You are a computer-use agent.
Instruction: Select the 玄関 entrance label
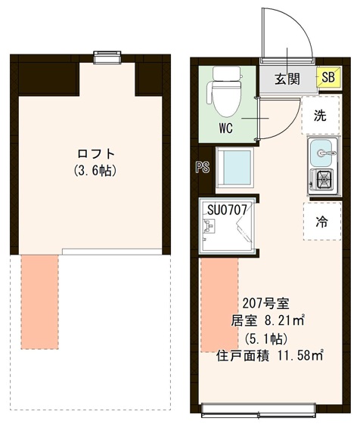click(x=288, y=77)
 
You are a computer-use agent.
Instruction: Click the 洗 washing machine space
click(x=321, y=116)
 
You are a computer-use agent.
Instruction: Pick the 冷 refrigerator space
click(x=322, y=221)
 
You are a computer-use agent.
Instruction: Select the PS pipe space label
click(x=202, y=168)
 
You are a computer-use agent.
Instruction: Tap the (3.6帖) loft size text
click(x=95, y=171)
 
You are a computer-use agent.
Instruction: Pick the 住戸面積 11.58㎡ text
click(x=271, y=354)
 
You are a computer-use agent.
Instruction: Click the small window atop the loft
click(x=107, y=55)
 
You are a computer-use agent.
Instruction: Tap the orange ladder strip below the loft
click(x=39, y=301)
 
